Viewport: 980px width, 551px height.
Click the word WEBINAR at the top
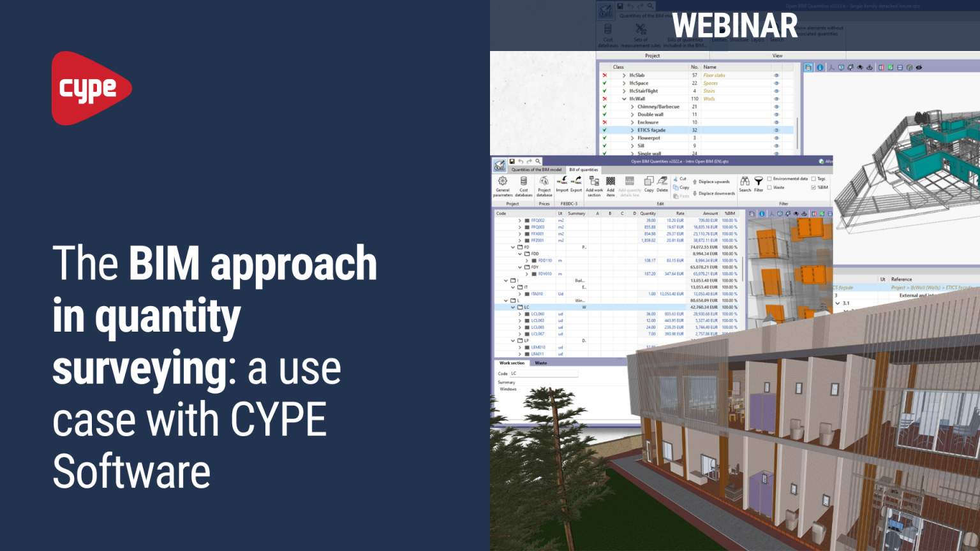tap(734, 26)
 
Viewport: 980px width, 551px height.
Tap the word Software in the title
tap(131, 472)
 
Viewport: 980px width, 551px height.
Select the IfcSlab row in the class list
tap(637, 75)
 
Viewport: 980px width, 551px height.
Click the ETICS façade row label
tap(651, 130)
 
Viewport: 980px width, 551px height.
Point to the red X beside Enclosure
tap(604, 122)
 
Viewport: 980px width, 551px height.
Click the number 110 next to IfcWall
tap(695, 99)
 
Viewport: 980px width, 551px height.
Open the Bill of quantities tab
tap(583, 170)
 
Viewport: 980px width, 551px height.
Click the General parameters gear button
tap(503, 182)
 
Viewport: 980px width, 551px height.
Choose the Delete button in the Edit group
tap(662, 184)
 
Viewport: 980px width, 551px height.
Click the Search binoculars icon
tap(745, 182)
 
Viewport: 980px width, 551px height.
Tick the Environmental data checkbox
tap(769, 179)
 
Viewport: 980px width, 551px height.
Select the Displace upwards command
tap(713, 182)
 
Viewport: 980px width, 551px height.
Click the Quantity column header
tap(648, 214)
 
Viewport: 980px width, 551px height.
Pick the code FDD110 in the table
tap(545, 260)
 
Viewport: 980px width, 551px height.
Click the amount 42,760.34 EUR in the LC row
tap(704, 307)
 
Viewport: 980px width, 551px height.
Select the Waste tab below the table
tap(540, 363)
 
